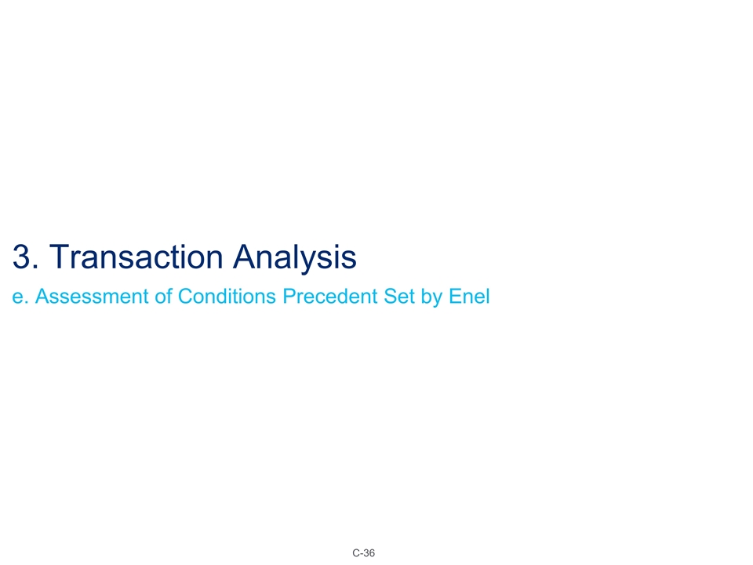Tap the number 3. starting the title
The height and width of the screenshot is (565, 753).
click(25, 257)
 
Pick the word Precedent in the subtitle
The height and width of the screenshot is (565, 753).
click(332, 297)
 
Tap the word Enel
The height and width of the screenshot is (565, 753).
click(470, 297)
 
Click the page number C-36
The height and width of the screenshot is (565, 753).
click(363, 554)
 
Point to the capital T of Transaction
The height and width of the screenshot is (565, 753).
click(67, 257)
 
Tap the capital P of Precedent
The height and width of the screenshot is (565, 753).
click(289, 297)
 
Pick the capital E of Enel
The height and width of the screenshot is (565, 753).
click(457, 297)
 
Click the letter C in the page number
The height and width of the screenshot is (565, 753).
click(355, 554)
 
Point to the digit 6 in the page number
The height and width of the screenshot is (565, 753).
click(372, 554)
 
